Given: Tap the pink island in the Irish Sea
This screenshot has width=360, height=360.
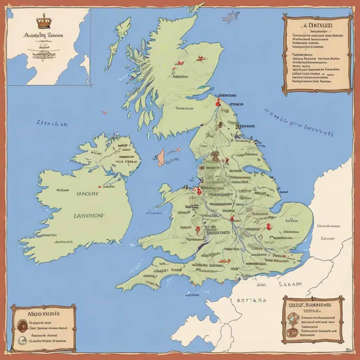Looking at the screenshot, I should point(161,157).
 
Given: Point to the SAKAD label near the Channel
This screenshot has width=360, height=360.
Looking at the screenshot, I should point(290,284).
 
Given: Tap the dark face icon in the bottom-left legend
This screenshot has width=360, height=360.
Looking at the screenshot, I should point(22,324).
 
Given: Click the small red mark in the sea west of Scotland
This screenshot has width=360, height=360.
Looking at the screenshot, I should point(104,113).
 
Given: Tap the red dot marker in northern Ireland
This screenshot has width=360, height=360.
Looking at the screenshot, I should point(100,187).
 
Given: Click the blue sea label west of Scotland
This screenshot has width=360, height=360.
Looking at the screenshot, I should point(52,124).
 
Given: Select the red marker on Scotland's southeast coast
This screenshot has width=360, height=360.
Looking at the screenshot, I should point(218,103).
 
